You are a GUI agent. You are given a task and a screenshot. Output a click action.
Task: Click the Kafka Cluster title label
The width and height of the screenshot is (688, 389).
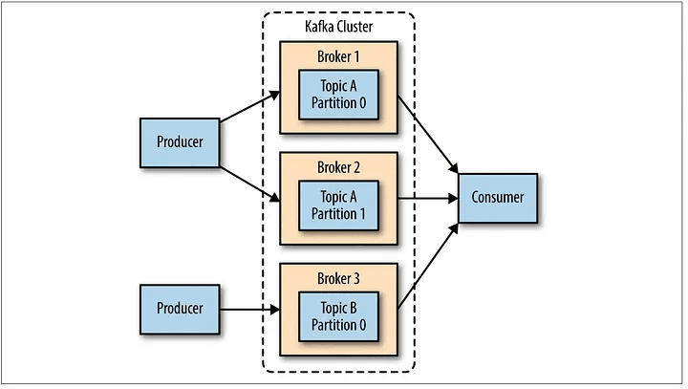coord(338,27)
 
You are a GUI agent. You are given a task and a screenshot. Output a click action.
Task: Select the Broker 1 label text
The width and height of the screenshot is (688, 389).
coord(339,56)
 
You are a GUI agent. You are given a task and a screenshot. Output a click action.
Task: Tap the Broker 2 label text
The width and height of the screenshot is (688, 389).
coord(339,167)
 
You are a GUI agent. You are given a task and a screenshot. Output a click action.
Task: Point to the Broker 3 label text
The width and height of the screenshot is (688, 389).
coord(339,278)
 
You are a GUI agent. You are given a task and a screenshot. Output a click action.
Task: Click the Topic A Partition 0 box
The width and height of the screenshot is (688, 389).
coord(339,95)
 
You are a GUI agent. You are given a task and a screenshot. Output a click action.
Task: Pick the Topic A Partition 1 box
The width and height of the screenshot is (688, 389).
coord(339,205)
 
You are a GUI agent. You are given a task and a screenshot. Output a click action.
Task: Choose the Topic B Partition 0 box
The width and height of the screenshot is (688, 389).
coord(339,315)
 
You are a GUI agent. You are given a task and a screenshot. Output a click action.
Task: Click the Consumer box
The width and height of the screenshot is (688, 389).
coord(499,198)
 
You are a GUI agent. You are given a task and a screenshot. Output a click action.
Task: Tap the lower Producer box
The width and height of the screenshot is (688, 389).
coord(180,309)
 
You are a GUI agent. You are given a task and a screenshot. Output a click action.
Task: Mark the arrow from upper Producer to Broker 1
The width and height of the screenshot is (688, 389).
coord(248,107)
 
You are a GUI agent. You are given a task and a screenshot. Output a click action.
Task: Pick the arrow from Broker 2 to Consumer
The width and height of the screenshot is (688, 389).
coord(430,199)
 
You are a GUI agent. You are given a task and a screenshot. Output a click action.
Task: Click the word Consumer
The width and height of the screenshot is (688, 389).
coord(499,198)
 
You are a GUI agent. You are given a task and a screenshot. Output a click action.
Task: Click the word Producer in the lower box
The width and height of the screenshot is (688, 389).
coord(180,309)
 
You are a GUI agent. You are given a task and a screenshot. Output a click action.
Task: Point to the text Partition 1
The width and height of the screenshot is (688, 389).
coord(339,214)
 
